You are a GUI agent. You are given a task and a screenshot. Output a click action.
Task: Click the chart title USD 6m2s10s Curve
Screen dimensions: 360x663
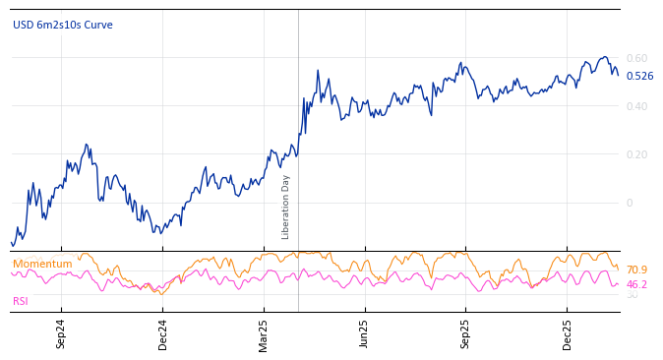pyautogui.click(x=63, y=26)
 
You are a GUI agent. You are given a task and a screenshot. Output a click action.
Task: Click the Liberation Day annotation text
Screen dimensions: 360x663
pyautogui.click(x=286, y=208)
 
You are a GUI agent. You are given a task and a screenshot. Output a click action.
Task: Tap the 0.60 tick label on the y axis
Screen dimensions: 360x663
pyautogui.click(x=636, y=59)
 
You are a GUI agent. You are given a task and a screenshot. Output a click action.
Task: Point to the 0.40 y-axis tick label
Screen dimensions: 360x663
pyautogui.click(x=636, y=106)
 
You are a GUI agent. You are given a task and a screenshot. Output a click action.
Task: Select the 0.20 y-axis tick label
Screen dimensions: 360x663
pyautogui.click(x=636, y=154)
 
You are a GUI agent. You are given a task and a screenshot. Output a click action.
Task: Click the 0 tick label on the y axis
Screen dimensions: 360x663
pyautogui.click(x=630, y=203)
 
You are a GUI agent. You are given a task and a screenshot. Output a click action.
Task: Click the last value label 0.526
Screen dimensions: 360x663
pyautogui.click(x=639, y=77)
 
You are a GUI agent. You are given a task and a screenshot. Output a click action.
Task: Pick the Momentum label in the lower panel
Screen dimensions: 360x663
pyautogui.click(x=42, y=265)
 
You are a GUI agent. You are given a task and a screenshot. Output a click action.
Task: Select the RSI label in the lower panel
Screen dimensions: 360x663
pyautogui.click(x=21, y=302)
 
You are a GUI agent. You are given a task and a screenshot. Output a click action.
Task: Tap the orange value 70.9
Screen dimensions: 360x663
pyautogui.click(x=636, y=270)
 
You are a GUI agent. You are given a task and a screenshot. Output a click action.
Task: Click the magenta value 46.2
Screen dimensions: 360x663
pyautogui.click(x=636, y=285)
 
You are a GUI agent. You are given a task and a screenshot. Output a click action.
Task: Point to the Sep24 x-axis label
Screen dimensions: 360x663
pyautogui.click(x=61, y=333)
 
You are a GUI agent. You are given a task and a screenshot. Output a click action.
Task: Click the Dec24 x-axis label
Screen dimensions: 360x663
pyautogui.click(x=162, y=333)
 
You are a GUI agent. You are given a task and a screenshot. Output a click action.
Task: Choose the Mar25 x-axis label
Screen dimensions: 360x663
pyautogui.click(x=264, y=333)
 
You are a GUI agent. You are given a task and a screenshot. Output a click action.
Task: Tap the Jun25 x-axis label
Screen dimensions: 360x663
pyautogui.click(x=365, y=333)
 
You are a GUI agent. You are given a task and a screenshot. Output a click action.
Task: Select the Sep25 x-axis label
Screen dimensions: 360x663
pyautogui.click(x=466, y=333)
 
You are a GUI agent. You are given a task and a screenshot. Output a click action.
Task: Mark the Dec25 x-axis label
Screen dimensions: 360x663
pyautogui.click(x=568, y=333)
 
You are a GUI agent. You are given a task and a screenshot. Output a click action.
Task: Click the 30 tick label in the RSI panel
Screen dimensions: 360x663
pyautogui.click(x=632, y=295)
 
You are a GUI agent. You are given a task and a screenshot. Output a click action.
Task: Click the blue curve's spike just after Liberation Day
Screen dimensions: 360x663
pyautogui.click(x=318, y=71)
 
